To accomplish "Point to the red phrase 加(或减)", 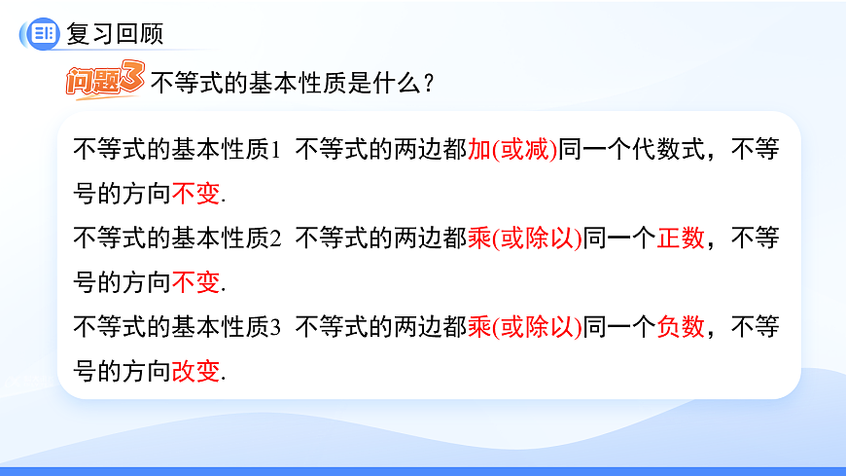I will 512,151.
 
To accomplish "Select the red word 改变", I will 196,371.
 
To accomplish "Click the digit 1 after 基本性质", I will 275,151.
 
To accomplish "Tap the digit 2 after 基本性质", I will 275,238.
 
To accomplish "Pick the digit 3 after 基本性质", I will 275,326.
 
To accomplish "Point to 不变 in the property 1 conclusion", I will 196,195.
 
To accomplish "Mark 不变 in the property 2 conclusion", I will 196,282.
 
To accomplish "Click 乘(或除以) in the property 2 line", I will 525,238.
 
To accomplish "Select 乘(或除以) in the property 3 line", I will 525,326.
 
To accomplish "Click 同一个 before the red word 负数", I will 619,326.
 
